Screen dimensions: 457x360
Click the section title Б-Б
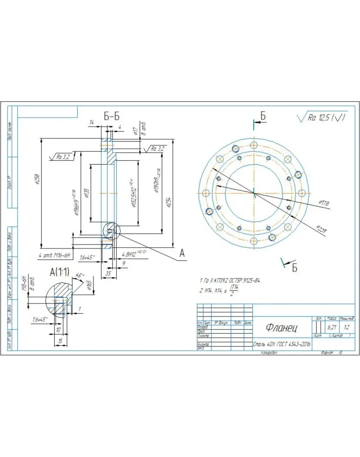point(112,116)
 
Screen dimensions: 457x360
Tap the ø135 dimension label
point(87,193)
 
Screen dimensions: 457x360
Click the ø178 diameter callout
point(324,203)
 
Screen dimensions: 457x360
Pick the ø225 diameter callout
point(321,229)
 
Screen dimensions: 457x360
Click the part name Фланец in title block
point(282,328)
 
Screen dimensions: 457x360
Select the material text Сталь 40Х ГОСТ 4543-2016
point(282,344)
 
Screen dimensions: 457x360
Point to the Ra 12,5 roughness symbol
point(322,118)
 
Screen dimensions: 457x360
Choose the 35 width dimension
point(108,273)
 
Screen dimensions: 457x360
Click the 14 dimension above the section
point(92,123)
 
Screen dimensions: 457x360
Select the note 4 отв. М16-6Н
point(54,256)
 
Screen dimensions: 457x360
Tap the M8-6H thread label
point(25,283)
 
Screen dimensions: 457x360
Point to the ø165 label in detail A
point(89,284)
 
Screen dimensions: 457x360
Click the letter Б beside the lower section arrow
point(294,268)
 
